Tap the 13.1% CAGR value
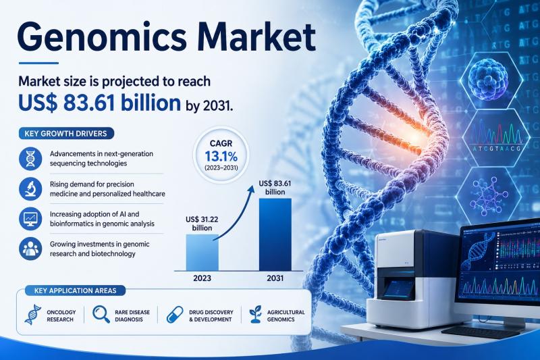point(221,157)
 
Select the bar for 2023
point(202,253)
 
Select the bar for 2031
point(275,234)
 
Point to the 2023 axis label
point(202,278)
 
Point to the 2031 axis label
point(275,278)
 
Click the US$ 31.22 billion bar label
point(202,224)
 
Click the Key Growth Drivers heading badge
point(65,133)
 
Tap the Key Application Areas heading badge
point(75,290)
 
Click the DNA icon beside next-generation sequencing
point(30,159)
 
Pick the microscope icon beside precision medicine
point(30,189)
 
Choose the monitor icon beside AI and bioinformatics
point(30,219)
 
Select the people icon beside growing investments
point(30,249)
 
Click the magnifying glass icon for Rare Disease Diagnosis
point(101,315)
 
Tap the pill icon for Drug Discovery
point(175,315)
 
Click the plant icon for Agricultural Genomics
point(256,315)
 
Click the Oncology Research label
point(61,316)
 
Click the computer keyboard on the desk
point(481,332)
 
